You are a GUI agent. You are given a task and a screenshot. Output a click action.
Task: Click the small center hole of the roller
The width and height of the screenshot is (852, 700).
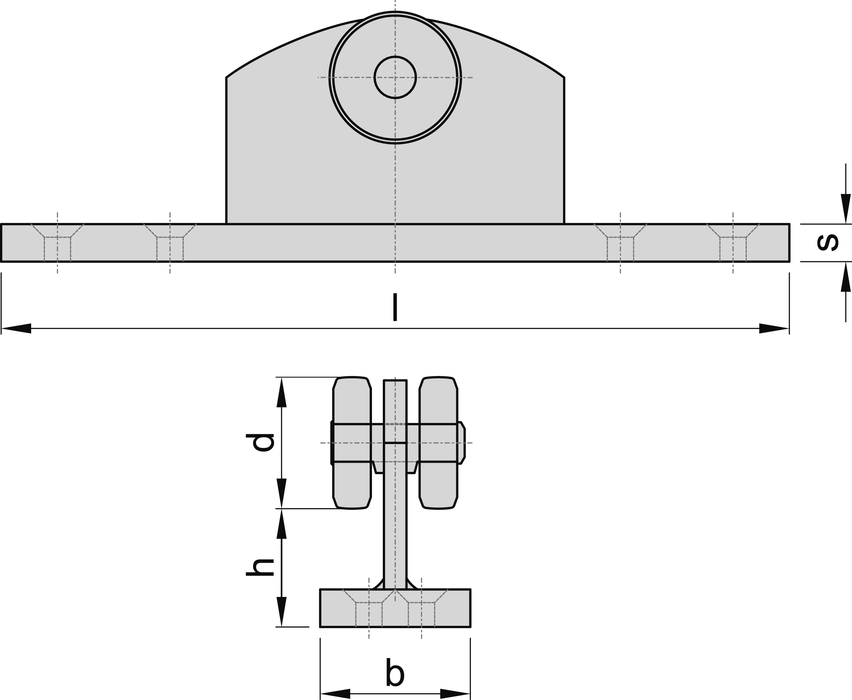point(395,77)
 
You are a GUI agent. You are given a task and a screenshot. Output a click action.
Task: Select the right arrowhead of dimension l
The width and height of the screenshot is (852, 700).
point(773,328)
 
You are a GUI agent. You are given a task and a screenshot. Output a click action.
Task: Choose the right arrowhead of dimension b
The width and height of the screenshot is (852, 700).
point(455,694)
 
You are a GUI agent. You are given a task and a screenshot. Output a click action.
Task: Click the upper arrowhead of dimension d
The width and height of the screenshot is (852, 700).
point(281,392)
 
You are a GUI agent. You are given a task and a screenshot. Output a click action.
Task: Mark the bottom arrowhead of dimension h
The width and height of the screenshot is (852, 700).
point(281,611)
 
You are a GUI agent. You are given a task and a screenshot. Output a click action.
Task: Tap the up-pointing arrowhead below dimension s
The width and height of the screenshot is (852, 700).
point(846,277)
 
